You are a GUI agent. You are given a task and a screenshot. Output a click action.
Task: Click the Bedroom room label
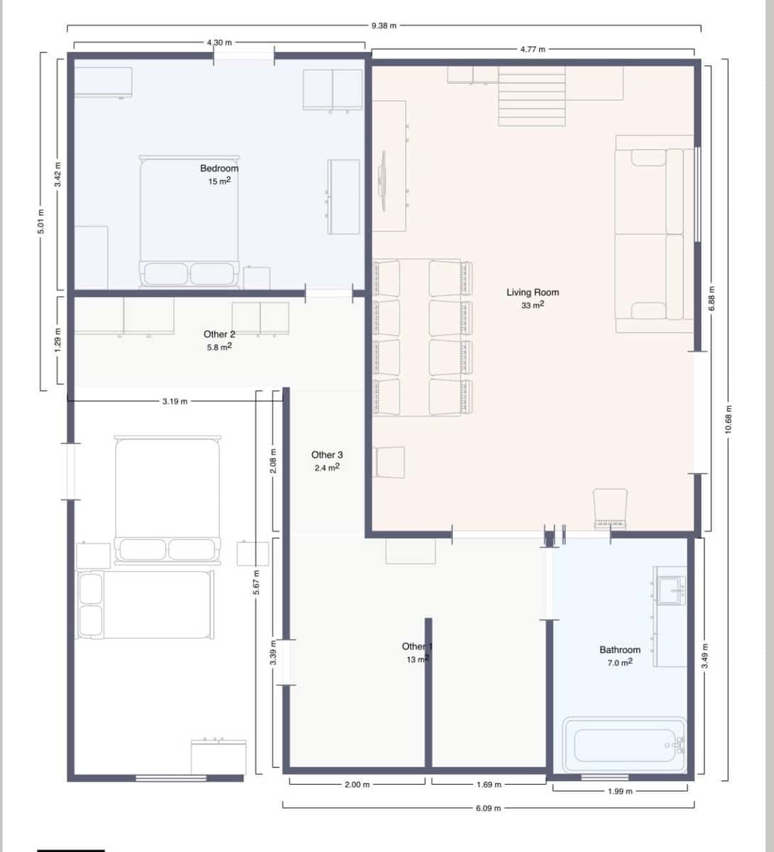(x=219, y=168)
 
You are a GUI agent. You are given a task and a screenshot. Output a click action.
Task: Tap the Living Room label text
(x=532, y=292)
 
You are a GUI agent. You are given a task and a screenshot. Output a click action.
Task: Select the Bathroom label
(x=619, y=650)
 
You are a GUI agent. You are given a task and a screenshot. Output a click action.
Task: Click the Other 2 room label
(x=219, y=334)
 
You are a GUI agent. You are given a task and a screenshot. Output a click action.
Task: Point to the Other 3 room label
(x=327, y=454)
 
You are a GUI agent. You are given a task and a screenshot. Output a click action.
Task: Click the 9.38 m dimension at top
(x=383, y=26)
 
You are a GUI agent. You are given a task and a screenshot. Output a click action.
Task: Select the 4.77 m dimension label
(x=533, y=49)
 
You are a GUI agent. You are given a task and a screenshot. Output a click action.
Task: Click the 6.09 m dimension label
(x=488, y=808)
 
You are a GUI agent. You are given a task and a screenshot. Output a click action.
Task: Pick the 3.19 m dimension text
(x=175, y=401)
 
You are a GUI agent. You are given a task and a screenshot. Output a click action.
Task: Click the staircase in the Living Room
(x=531, y=96)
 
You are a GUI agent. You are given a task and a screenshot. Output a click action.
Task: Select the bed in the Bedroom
(x=189, y=220)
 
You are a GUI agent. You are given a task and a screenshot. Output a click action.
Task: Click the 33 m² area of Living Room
(x=532, y=305)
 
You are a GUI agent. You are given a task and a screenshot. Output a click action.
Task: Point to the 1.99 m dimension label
(x=619, y=791)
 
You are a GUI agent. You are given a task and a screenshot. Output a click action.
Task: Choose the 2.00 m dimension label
(x=356, y=785)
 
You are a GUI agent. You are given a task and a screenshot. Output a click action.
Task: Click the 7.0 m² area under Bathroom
(x=619, y=662)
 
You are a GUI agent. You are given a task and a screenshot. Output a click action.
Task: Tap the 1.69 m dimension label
(x=489, y=785)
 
